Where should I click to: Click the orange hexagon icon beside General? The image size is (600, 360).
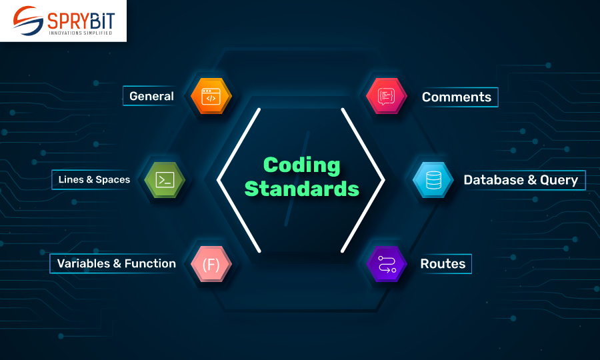pyautogui.click(x=211, y=95)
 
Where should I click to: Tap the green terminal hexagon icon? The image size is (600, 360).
pyautogui.click(x=165, y=180)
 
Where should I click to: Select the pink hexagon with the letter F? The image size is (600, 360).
pyautogui.click(x=211, y=264)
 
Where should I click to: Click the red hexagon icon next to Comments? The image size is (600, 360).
pyautogui.click(x=387, y=95)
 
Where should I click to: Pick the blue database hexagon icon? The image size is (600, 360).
pyautogui.click(x=433, y=180)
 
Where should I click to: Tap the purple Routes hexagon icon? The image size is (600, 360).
pyautogui.click(x=387, y=264)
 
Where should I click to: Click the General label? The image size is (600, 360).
pyautogui.click(x=151, y=96)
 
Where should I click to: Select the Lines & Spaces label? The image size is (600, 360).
pyautogui.click(x=94, y=179)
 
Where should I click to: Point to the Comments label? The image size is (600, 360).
pyautogui.click(x=457, y=97)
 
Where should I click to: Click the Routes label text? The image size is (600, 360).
pyautogui.click(x=443, y=263)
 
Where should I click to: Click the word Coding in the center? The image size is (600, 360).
pyautogui.click(x=301, y=165)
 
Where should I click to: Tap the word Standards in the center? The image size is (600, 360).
pyautogui.click(x=302, y=189)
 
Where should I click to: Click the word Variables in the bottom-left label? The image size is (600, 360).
pyautogui.click(x=83, y=263)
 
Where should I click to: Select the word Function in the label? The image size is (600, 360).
pyautogui.click(x=150, y=263)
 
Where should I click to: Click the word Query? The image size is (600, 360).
pyautogui.click(x=559, y=180)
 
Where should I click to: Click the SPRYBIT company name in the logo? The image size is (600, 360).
pyautogui.click(x=81, y=21)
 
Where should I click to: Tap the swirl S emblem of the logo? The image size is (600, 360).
pyautogui.click(x=27, y=20)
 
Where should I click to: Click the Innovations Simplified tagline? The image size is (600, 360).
pyautogui.click(x=81, y=33)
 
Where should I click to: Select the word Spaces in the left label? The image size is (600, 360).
pyautogui.click(x=113, y=180)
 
